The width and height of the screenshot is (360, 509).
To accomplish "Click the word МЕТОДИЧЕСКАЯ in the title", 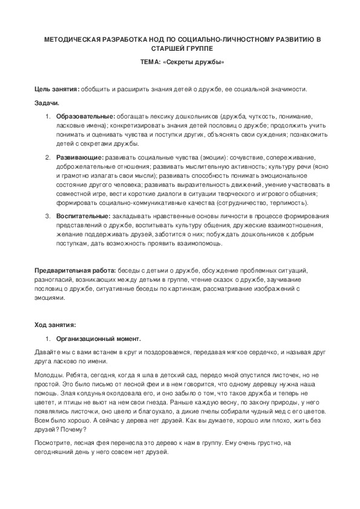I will [x=67, y=39].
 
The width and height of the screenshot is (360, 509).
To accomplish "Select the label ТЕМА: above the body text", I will [x=149, y=62].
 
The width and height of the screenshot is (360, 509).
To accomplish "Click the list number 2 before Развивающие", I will [x=48, y=157].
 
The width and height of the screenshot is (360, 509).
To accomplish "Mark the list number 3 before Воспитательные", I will [x=48, y=216].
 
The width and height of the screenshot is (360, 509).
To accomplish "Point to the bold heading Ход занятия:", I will [x=55, y=324].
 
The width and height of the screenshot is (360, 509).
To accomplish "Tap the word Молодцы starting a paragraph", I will [x=49, y=375].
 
